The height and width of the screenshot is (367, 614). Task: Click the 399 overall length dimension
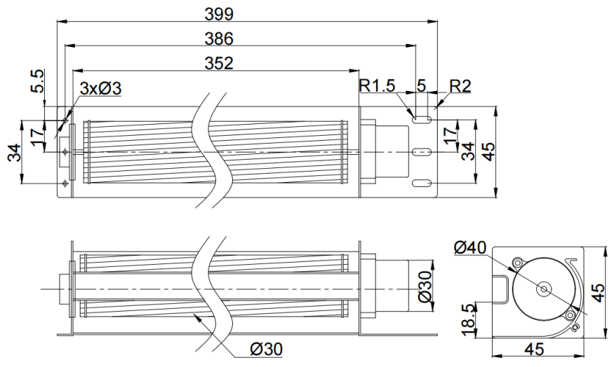219,14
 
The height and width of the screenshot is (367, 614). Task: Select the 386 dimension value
219,39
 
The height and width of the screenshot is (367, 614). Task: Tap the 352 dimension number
219,63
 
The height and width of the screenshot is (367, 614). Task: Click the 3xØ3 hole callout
100,89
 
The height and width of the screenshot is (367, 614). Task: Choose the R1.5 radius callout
378,85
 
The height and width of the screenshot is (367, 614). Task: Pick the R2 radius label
460,85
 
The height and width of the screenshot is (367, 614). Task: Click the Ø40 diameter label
470,247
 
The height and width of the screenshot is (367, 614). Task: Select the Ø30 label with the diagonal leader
266,349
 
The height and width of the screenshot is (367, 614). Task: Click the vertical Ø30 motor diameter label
425,286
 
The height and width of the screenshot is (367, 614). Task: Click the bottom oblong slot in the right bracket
422,183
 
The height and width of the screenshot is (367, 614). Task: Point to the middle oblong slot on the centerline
422,151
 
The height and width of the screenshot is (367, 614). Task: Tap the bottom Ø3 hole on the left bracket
65,183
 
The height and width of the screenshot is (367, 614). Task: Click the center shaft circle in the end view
544,289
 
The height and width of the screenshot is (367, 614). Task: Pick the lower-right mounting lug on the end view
570,315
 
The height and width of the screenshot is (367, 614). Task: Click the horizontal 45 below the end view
535,349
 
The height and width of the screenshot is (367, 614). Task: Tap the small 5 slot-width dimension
421,85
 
